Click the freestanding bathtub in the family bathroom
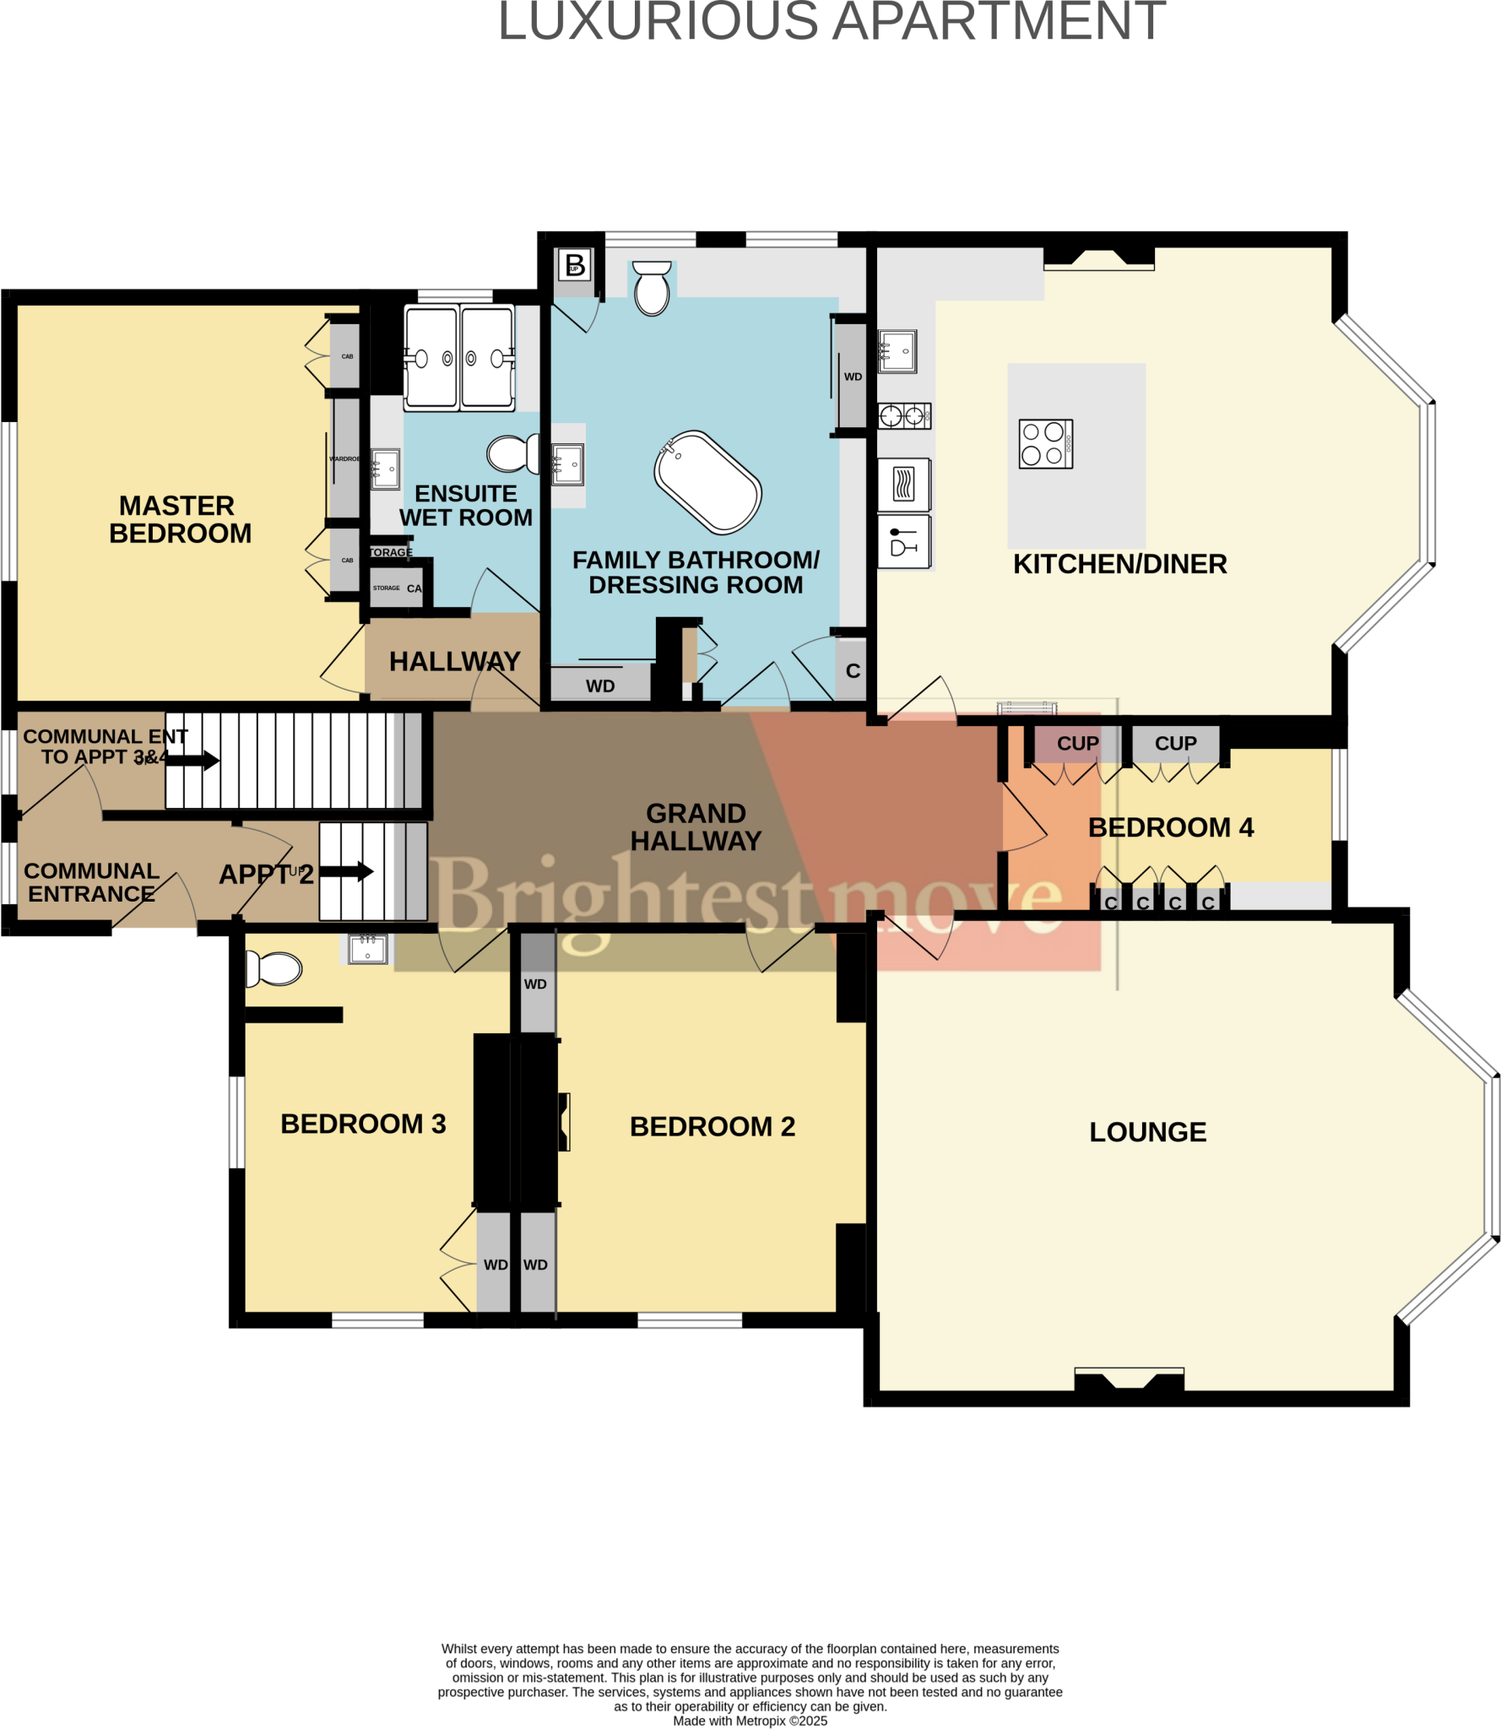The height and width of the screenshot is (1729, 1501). pos(707,483)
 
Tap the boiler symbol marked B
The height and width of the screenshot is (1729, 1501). pos(575,265)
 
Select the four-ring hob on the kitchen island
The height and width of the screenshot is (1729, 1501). pos(1045,443)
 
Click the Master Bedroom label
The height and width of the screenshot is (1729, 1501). pos(179,519)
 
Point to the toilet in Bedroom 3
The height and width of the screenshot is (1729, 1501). pos(274,969)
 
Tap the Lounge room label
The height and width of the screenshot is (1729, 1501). pos(1147,1132)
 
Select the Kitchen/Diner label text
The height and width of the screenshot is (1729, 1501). pos(1119,564)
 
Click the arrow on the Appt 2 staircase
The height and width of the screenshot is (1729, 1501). pos(347,871)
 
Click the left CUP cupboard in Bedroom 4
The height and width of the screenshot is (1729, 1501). pos(1077,744)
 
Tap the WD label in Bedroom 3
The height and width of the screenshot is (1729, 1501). pos(496,1265)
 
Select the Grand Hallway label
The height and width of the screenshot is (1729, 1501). pos(696,827)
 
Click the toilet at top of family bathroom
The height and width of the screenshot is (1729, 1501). pos(652,289)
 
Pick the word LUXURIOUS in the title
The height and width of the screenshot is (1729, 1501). pos(658,21)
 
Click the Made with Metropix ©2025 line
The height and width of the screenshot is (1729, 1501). pos(750,1721)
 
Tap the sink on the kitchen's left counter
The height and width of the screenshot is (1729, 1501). pos(897,351)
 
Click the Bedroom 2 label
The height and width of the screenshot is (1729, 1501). pos(712,1126)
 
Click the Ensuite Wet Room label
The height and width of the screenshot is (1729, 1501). pos(465,505)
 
